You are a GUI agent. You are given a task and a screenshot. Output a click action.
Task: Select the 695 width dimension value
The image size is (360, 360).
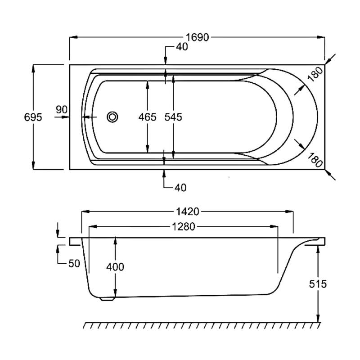point(33,117)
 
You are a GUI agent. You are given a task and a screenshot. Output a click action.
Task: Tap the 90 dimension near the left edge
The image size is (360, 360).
point(62,109)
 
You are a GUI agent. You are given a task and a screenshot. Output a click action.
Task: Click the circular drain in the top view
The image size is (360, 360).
point(112,117)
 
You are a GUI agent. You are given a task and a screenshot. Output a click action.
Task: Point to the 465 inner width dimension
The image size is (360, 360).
point(147,117)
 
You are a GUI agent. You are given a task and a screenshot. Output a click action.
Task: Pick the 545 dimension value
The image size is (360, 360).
point(173,117)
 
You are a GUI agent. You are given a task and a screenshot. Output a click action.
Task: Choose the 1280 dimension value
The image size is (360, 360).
point(184,227)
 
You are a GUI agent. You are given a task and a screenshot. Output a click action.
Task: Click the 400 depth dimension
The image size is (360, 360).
point(115,267)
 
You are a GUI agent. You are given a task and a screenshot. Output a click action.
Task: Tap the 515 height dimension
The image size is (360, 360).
point(318,284)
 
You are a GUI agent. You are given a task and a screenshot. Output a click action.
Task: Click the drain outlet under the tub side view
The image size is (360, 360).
point(107,297)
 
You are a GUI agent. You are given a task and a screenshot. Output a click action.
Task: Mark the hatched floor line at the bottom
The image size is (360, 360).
point(202,325)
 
